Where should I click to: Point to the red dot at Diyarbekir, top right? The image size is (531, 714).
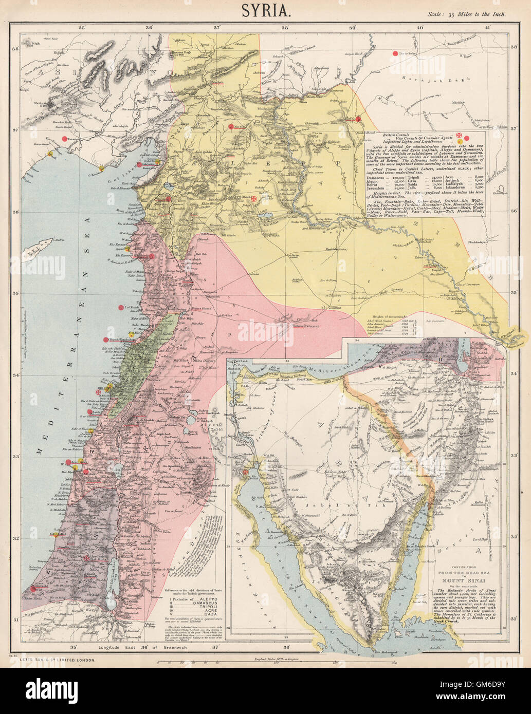click(395, 53)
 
